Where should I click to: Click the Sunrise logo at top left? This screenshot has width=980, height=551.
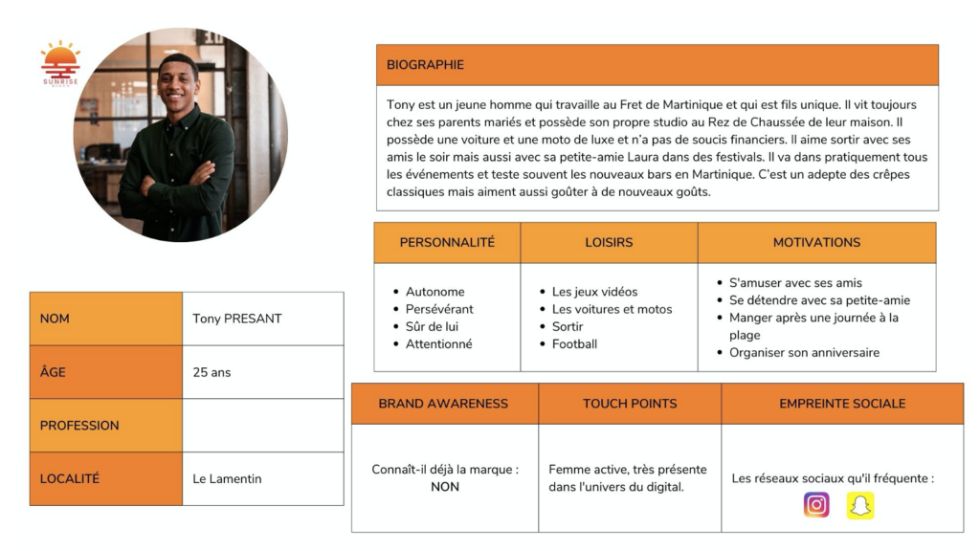60,63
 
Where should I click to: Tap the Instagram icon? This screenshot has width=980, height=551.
816,504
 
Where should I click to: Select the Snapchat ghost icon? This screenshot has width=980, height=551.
860,505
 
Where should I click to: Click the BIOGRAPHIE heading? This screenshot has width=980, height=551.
425,65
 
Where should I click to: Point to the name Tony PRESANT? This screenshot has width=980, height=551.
236,319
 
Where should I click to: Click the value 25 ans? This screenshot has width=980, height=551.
212,372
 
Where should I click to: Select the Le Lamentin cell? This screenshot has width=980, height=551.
227,478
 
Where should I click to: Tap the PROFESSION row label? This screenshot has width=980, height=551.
79,426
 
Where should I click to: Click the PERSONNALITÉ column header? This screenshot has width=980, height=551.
447,242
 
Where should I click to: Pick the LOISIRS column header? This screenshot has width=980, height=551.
609,242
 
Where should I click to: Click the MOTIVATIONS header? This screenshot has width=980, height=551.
816,242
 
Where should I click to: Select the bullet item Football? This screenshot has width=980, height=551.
574,344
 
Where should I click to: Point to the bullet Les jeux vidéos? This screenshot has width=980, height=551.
594,292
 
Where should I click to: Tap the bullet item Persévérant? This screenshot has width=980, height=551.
439,309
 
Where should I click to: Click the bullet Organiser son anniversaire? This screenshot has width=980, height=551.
804,353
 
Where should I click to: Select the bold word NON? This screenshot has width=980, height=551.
445,487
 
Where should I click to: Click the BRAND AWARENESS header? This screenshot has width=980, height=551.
443,404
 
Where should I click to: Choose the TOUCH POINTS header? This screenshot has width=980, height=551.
630,404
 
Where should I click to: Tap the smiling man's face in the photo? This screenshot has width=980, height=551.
178,85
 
